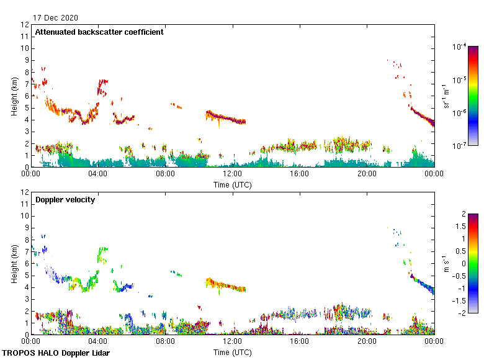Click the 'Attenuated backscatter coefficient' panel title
click(x=99, y=32)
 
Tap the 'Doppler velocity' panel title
click(x=65, y=200)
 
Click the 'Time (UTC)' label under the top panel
click(x=233, y=184)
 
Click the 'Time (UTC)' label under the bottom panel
click(x=233, y=352)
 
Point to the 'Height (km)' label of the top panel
click(x=14, y=96)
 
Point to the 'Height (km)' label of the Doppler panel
click(x=14, y=264)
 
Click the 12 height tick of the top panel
click(x=25, y=25)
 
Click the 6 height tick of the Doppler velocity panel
click(x=26, y=264)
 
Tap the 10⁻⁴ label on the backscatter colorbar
click(x=459, y=47)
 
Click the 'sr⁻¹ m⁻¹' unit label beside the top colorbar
click(x=447, y=96)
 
